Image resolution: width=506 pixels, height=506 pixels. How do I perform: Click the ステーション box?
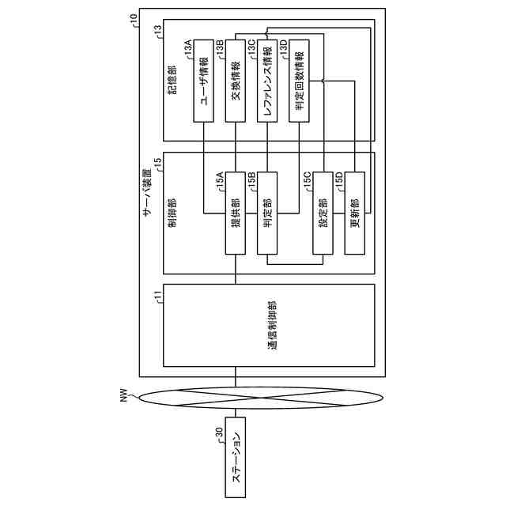[x=236, y=467]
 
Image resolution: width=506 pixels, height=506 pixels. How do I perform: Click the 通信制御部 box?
[x=269, y=326]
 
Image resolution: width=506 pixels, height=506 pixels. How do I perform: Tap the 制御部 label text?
[x=172, y=214]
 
